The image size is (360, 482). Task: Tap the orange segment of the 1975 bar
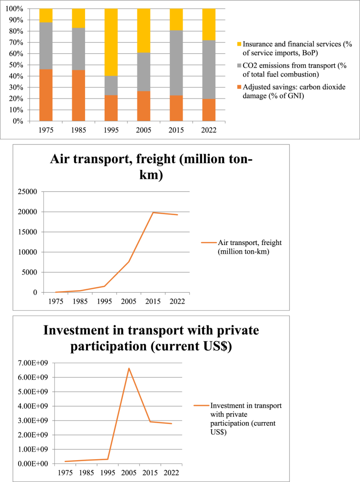point(46,95)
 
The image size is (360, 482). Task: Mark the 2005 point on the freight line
point(129,262)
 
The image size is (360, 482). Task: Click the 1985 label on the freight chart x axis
point(79,301)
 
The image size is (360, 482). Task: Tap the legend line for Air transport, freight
point(208,243)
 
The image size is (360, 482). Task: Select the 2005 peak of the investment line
point(128,368)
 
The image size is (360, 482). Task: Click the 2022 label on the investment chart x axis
point(172,473)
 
